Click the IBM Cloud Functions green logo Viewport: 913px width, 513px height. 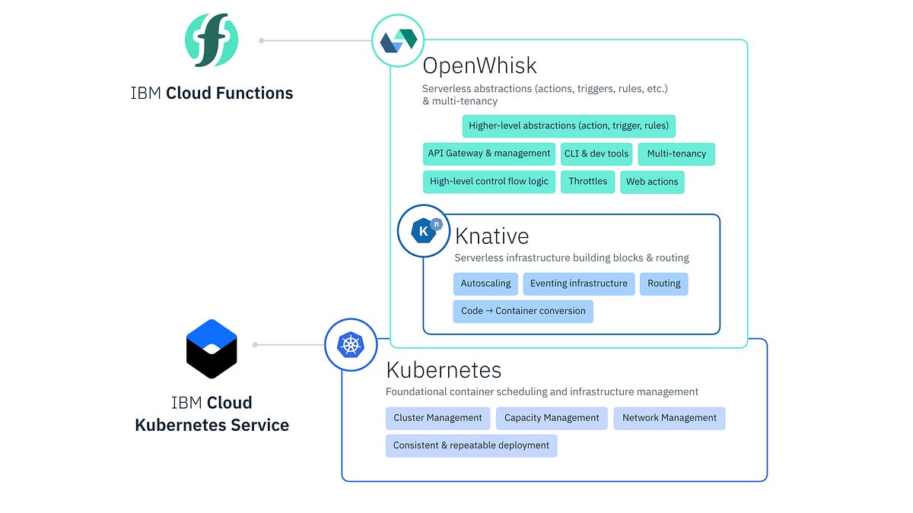(212, 40)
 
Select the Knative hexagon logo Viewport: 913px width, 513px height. (425, 230)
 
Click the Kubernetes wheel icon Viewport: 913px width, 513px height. (351, 345)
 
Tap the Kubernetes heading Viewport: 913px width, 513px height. (444, 370)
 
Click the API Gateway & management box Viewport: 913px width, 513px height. (488, 154)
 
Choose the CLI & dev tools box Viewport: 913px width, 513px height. (596, 154)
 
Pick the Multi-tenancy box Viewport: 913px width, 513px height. (676, 154)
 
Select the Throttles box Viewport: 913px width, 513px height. (588, 182)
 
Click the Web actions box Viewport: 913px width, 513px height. (652, 182)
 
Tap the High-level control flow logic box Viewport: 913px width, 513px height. (488, 182)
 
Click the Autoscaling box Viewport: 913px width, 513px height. (485, 283)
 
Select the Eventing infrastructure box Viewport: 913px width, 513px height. (579, 283)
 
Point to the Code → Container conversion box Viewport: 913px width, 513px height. (523, 311)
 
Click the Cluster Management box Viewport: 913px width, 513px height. (437, 418)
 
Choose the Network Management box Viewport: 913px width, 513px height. (669, 418)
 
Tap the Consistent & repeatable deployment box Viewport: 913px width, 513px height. (471, 445)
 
